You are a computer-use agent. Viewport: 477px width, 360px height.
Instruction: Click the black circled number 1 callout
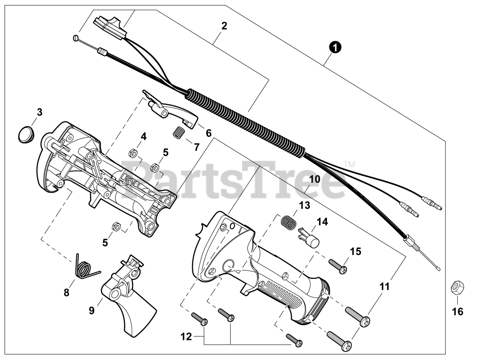335,48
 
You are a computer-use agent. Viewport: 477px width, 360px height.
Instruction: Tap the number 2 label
224,26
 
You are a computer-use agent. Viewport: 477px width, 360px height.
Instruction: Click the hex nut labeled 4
133,153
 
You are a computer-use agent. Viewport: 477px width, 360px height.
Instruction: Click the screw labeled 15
338,266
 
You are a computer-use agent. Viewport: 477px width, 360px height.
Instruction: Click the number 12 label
186,337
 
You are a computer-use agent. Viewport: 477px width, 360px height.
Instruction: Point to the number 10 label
315,179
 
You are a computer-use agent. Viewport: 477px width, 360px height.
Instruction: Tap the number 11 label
385,287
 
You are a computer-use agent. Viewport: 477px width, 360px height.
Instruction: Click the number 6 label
208,133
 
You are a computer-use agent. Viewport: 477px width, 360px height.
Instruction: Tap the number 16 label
458,312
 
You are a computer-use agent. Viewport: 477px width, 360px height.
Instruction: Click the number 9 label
92,310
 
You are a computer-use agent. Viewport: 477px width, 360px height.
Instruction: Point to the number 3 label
40,112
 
